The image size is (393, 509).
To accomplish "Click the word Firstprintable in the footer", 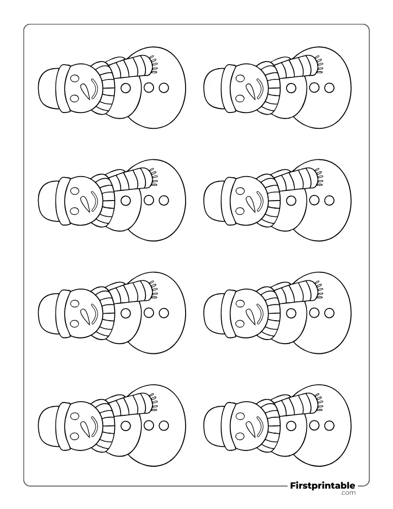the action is coord(322,486).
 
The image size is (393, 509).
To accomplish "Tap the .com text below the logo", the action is coord(348,493).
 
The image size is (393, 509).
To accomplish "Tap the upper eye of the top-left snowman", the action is coord(75,78).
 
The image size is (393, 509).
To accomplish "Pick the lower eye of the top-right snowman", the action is coord(240,98).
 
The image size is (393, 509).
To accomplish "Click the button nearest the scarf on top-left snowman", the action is coord(126,88).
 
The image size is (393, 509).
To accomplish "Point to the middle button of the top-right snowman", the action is coord(314,88).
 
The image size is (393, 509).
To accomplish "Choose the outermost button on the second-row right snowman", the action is coord(329,200).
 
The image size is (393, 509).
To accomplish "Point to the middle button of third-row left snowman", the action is coord(148,313).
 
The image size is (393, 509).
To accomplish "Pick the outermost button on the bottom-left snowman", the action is coord(164,425).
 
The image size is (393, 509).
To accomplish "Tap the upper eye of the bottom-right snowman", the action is coord(240,417).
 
